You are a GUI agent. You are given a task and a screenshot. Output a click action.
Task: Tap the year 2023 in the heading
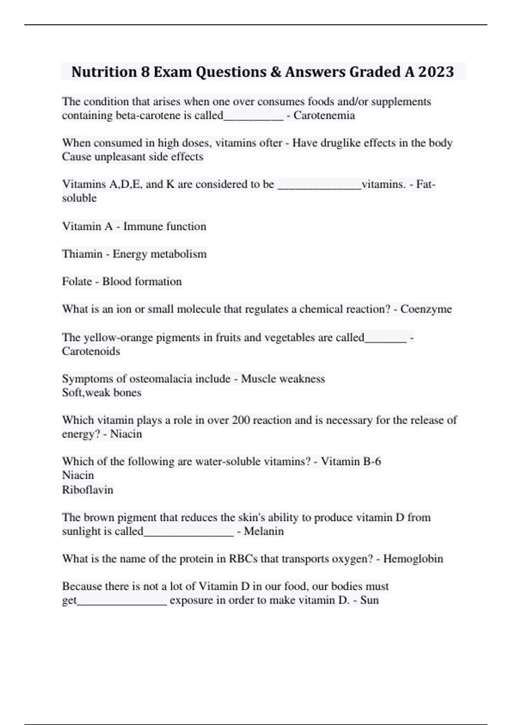436,72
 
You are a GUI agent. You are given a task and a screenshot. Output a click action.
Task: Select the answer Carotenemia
324,116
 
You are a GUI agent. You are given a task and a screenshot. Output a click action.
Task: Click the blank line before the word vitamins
319,187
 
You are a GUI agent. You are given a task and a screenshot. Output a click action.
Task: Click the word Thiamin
82,254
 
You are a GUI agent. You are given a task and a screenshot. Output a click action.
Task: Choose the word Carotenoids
91,351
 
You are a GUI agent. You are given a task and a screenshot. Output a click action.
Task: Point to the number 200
241,420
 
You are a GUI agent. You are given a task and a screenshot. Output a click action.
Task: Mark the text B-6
371,461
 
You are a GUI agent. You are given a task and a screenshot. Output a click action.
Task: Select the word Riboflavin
87,490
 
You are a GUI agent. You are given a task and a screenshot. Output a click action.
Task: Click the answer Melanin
264,531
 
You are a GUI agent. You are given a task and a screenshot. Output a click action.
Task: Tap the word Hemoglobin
413,559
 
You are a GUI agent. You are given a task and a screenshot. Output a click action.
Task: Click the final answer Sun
369,600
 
